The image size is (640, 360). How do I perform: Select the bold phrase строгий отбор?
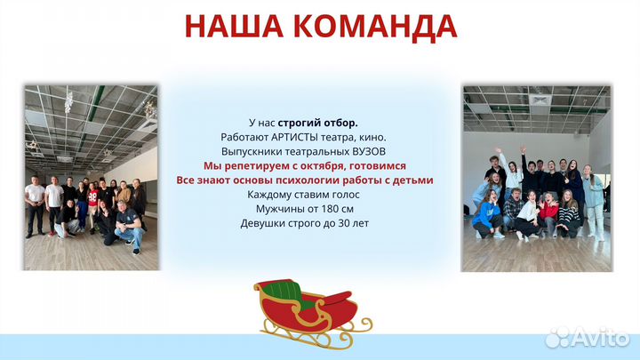pos(317,123)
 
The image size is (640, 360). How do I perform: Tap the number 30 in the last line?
pos(348,222)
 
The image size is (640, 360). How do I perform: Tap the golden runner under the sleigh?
pos(302,337)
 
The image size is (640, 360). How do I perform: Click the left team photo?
pos(92,178)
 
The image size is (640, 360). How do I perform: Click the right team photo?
pos(535,178)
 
